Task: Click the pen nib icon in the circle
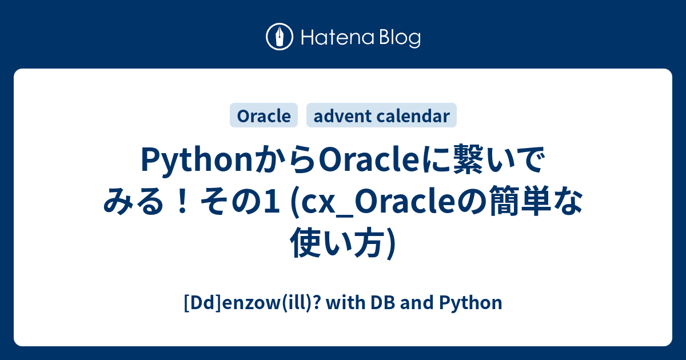tap(280, 37)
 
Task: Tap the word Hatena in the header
tap(338, 38)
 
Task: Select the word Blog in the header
tap(400, 38)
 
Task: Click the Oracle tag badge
tap(264, 115)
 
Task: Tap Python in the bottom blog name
tap(470, 303)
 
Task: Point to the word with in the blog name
tap(346, 302)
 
